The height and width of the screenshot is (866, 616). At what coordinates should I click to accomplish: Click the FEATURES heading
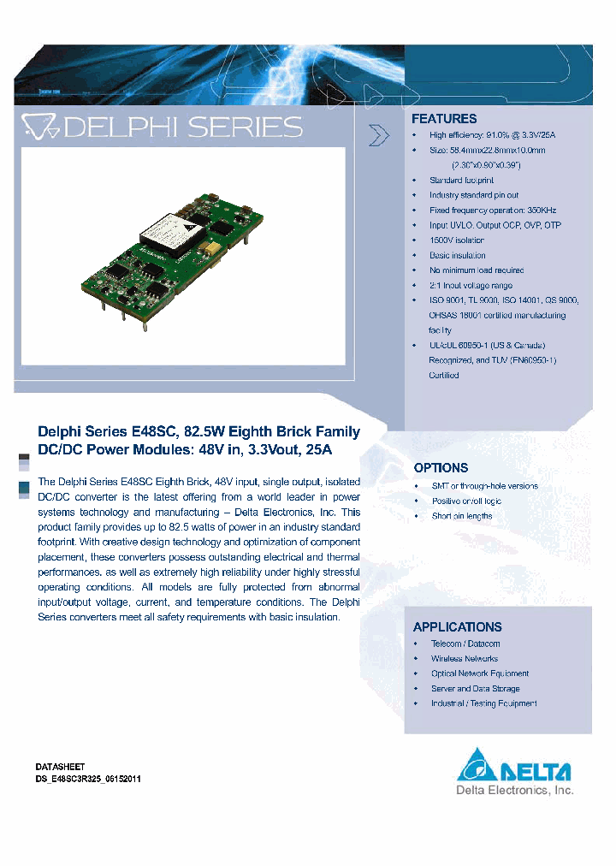coord(444,119)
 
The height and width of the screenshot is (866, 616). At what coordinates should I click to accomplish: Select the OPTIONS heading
coord(441,468)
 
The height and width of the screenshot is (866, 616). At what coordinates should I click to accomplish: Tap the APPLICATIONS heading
coord(457,627)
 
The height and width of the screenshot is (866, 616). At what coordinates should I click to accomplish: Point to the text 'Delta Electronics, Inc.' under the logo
coord(514,792)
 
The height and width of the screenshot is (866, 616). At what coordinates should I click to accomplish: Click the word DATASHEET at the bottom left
coord(60,767)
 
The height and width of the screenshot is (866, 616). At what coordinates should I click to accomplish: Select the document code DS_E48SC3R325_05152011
coord(88,779)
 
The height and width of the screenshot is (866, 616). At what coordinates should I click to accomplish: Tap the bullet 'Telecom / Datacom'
coord(465,644)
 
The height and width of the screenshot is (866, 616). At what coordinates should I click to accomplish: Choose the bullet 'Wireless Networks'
coord(465,659)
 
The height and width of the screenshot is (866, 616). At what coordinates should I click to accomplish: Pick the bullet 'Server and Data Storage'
coord(475,689)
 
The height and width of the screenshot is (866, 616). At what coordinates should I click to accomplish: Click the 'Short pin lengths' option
coord(461,516)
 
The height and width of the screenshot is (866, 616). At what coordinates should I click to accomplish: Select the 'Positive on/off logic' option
coord(466,501)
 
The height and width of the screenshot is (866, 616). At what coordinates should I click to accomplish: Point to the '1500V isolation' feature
coord(456,240)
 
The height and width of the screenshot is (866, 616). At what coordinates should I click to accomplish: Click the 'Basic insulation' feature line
coord(457,255)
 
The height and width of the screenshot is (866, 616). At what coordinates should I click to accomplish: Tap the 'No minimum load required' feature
coord(477,270)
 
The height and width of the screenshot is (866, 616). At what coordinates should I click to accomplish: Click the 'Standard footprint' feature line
coord(461,181)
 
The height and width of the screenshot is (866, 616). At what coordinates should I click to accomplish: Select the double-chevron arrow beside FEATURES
coord(378,135)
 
